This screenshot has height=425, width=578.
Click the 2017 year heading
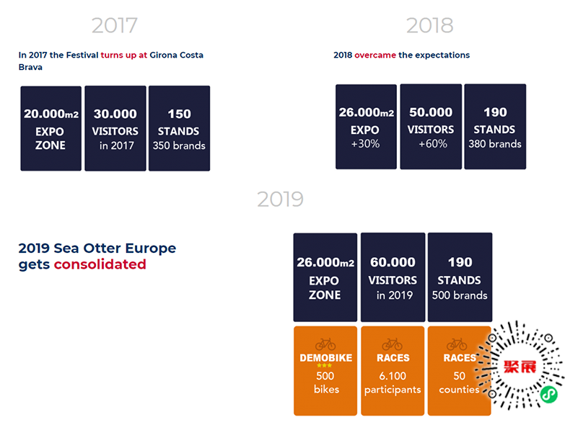coord(115,25)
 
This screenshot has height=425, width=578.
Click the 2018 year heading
coord(429,25)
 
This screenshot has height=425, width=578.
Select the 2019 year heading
coord(280,199)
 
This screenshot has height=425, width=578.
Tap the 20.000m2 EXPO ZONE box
coord(51,128)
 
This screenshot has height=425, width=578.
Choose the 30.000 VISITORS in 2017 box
coord(115,128)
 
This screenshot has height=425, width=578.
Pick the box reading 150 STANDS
coord(179,128)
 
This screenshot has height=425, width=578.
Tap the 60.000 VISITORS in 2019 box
coord(393,277)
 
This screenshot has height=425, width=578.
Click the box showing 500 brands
coord(460,277)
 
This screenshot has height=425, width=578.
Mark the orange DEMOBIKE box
coord(325,371)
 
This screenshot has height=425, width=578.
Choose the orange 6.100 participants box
coord(393,371)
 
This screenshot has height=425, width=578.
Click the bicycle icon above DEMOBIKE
coord(325,344)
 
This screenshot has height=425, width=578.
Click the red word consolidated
coord(100,264)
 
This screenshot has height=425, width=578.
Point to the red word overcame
coord(375,55)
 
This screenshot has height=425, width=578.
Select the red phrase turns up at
coord(123,55)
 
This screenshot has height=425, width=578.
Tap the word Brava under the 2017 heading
coord(30,67)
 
